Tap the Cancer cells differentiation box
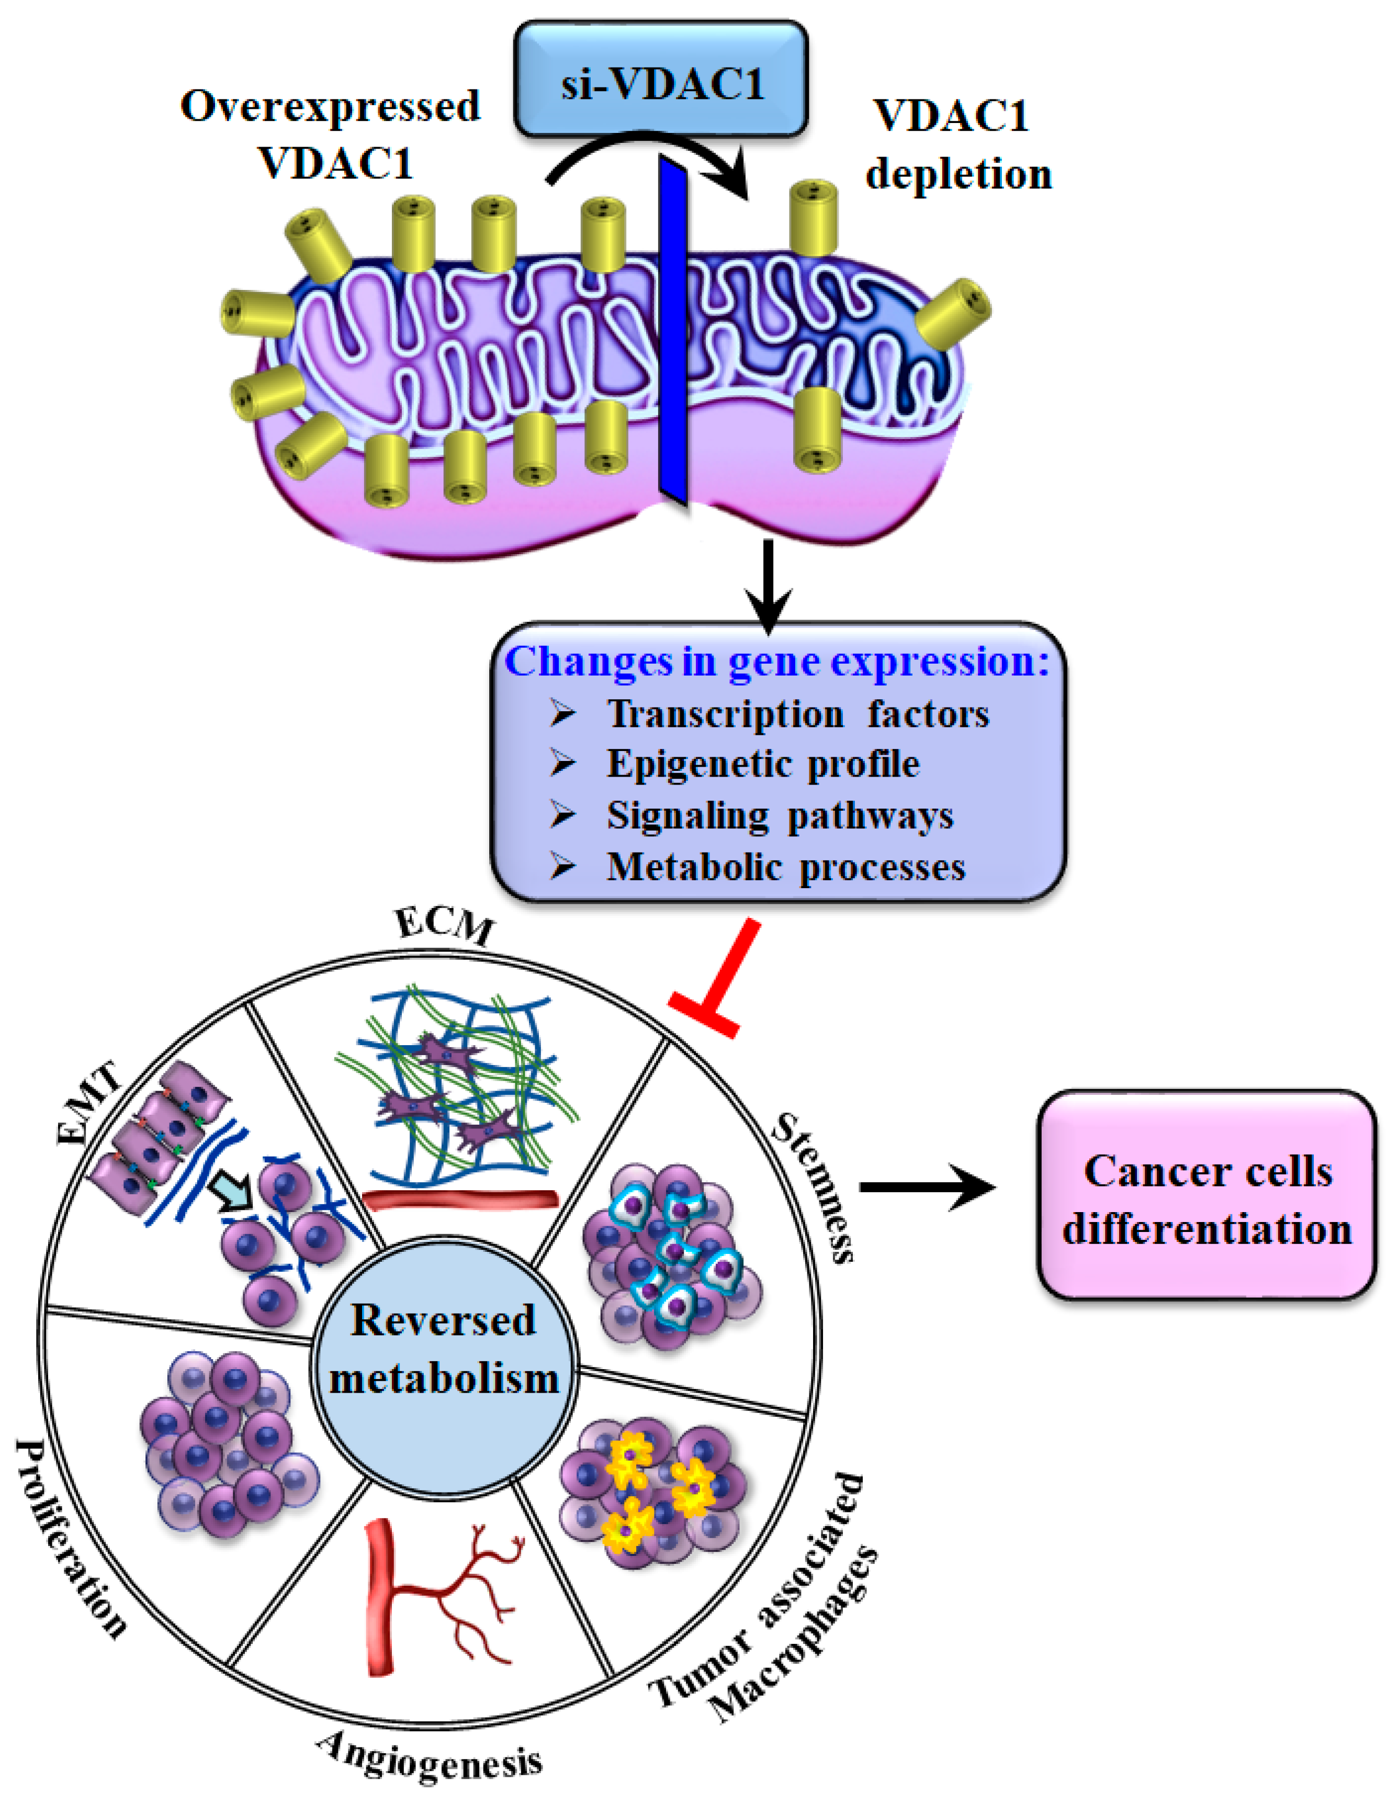click(x=1207, y=1200)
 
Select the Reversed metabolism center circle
click(x=444, y=1349)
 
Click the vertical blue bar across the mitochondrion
click(x=673, y=330)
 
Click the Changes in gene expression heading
click(x=776, y=662)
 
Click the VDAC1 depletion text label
click(x=958, y=144)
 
